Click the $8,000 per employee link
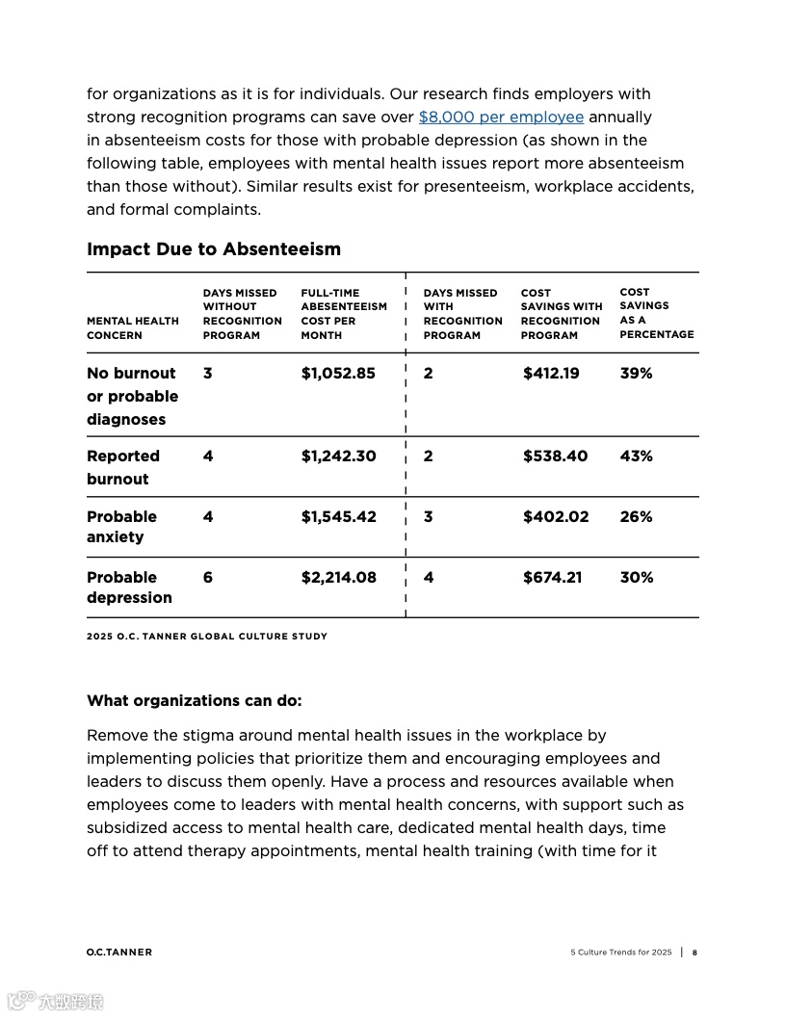coord(501,117)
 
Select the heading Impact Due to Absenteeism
coord(214,249)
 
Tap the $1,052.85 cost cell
coord(338,374)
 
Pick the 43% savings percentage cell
coord(636,456)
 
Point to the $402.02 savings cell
coord(555,517)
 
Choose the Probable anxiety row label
coord(121,527)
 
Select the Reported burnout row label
coord(123,467)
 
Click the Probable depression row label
coord(129,587)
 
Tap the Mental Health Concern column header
coord(133,328)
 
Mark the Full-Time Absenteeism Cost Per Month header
coord(343,314)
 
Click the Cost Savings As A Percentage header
coord(656,313)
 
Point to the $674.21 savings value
coord(552,578)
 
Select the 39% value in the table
coord(636,374)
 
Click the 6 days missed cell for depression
coord(208,578)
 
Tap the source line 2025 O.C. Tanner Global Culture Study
coord(207,637)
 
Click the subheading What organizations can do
coord(194,701)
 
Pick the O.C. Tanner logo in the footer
coord(118,952)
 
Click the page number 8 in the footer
coord(694,952)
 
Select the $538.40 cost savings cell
coord(555,456)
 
